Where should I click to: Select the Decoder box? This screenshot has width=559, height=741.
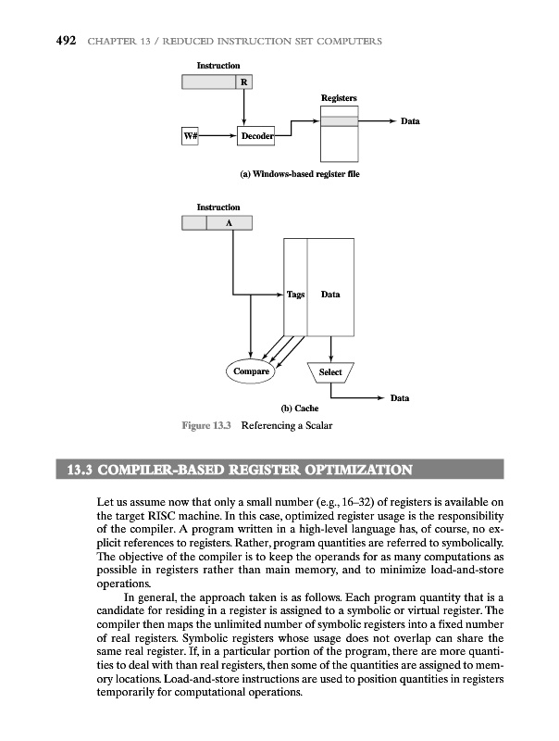[256, 137]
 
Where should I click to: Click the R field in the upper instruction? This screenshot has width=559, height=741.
[244, 82]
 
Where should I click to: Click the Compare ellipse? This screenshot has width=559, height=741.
[250, 371]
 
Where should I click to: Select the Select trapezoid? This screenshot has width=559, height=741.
[330, 372]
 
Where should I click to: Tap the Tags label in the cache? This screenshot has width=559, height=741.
[295, 295]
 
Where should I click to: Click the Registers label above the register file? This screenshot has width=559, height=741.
[339, 97]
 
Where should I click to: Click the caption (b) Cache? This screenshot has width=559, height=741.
[300, 408]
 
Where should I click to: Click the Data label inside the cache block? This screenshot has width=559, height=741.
[329, 295]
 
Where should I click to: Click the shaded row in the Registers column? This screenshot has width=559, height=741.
[339, 121]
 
